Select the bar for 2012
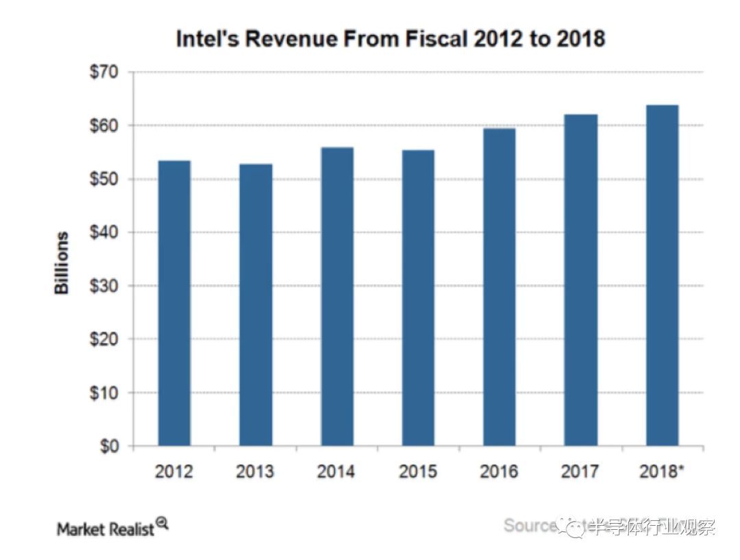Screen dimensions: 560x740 coord(174,303)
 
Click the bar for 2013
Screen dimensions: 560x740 coord(256,305)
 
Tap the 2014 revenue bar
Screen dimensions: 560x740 coord(336,297)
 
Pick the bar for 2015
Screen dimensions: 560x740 coord(418,298)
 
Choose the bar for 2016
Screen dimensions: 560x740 coord(499,287)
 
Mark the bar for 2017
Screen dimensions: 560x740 coord(580,280)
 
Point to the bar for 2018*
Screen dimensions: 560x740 coord(662,276)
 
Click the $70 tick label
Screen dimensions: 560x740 coord(103,72)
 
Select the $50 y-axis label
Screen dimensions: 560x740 coord(103,179)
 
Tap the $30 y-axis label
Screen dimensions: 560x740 coord(103,286)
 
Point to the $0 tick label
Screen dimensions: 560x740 coord(108,446)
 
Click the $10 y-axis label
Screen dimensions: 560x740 coord(103,393)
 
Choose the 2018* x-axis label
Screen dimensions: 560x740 coord(661,472)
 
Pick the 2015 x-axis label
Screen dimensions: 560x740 coord(417,472)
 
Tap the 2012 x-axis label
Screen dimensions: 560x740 coord(173,472)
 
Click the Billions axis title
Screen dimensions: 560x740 coord(62,263)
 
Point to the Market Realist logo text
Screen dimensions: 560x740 coord(106,529)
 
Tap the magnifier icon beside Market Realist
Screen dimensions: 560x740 coord(162,524)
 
